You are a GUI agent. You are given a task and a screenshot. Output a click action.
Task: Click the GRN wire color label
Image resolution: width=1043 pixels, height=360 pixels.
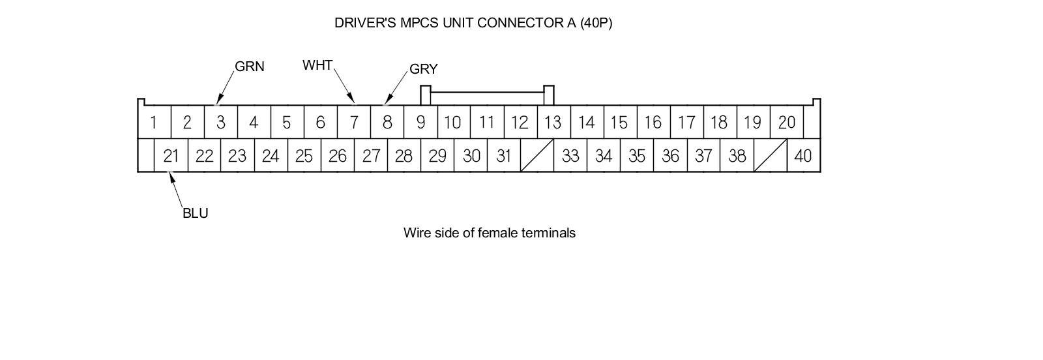click(249, 67)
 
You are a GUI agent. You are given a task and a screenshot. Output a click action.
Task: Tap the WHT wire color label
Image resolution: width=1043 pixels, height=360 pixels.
click(317, 65)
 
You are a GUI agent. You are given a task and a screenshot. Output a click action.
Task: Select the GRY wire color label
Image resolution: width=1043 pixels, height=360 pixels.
click(423, 69)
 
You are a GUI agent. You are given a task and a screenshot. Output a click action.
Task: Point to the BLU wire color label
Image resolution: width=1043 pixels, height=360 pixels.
click(195, 213)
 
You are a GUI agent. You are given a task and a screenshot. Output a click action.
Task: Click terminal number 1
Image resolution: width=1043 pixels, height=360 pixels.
click(153, 122)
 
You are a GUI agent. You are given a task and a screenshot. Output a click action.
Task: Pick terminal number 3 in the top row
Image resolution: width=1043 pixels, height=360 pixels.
click(221, 122)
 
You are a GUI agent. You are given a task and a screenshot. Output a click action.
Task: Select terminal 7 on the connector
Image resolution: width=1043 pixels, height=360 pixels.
click(354, 122)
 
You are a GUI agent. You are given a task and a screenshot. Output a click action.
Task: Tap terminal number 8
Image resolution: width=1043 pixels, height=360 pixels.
click(387, 122)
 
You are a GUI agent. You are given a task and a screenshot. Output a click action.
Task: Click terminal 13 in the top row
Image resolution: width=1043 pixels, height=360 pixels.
click(552, 122)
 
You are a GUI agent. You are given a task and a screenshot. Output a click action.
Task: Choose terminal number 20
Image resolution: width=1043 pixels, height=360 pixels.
click(786, 122)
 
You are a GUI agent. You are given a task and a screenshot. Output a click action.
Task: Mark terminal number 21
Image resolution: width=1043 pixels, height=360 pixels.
click(171, 156)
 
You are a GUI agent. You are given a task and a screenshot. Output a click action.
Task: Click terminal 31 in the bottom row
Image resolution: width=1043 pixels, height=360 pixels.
click(503, 156)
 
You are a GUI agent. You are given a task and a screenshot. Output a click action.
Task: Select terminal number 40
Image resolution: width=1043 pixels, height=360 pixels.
click(803, 156)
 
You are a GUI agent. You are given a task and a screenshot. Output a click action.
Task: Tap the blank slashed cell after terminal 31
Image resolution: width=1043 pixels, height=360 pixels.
click(537, 156)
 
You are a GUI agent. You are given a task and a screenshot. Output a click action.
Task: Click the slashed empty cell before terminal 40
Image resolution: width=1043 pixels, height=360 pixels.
click(770, 156)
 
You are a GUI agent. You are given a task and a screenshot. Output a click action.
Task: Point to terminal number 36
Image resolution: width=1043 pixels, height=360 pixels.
click(670, 156)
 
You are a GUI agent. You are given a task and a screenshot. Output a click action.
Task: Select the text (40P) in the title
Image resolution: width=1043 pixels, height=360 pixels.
click(596, 23)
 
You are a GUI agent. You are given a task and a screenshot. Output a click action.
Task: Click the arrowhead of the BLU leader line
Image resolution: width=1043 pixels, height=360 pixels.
click(171, 174)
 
